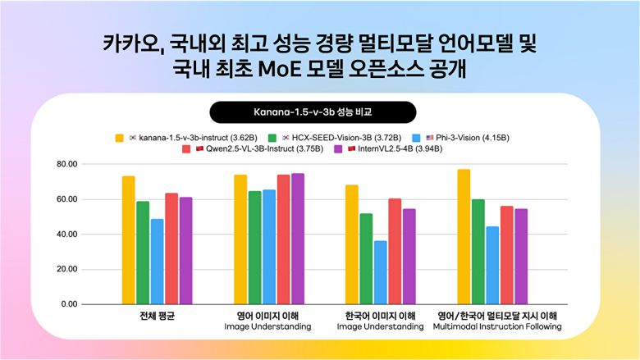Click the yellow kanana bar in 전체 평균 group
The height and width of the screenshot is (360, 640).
128,239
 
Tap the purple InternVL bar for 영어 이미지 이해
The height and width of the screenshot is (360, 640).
297,239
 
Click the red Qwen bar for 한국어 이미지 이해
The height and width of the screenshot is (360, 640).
395,251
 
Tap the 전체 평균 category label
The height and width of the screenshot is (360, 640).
158,316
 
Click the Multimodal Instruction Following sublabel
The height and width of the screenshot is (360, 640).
498,326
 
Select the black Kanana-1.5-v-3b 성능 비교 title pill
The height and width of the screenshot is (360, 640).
313,112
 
